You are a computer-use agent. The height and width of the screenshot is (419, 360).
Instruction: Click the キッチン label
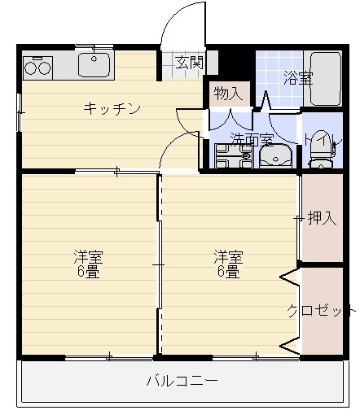[x=112, y=108]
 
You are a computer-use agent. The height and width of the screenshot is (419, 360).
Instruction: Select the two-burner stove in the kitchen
[x=38, y=65]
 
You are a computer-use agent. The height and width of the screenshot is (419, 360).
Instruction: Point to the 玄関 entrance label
[x=186, y=63]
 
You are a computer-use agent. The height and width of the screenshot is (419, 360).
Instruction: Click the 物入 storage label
[x=228, y=93]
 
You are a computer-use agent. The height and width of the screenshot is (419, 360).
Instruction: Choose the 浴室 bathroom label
[x=297, y=79]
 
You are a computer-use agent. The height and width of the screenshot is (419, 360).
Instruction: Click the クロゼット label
[x=320, y=310]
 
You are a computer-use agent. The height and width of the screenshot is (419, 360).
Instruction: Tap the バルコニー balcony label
[x=182, y=380]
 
